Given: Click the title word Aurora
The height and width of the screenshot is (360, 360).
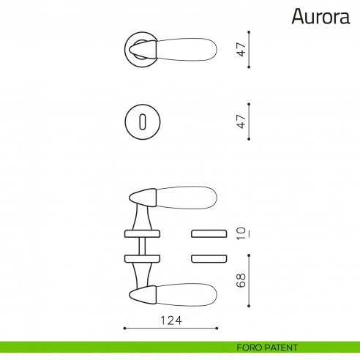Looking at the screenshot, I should click(x=322, y=16).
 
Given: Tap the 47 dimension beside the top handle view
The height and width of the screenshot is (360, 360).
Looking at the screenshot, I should click(x=239, y=50).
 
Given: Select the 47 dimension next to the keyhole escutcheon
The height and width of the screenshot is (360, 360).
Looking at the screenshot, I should click(x=239, y=121).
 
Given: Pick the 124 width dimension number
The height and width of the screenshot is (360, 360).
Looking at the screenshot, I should click(x=170, y=320).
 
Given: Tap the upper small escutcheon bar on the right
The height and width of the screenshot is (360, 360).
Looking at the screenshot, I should click(x=209, y=233).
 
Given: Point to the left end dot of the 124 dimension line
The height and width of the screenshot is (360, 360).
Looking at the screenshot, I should click(x=124, y=329).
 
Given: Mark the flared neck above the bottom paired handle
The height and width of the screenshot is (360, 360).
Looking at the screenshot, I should click(x=142, y=274).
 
